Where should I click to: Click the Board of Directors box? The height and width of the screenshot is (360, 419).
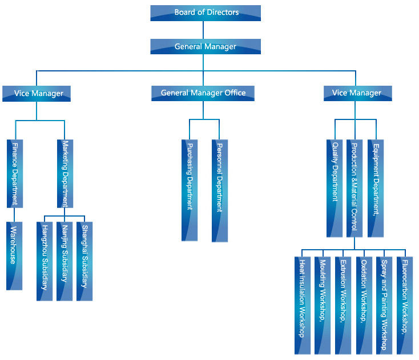click(206, 13)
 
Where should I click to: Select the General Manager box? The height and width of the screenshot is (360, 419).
click(206, 46)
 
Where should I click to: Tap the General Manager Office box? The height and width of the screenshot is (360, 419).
click(203, 93)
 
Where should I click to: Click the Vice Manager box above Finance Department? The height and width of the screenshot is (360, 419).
click(37, 93)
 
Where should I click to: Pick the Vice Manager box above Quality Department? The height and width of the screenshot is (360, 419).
click(356, 93)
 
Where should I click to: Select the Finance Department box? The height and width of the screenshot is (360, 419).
click(15, 173)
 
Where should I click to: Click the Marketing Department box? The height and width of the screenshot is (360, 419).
click(65, 173)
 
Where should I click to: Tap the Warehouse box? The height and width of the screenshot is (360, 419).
click(14, 255)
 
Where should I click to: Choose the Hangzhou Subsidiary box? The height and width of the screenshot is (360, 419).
click(45, 261)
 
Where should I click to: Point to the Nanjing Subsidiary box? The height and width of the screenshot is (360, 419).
click(65, 261)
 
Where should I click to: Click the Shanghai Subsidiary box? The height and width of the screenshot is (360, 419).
click(84, 261)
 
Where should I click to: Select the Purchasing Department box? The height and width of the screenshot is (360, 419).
click(190, 190)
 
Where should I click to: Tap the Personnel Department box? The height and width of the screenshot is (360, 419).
click(219, 190)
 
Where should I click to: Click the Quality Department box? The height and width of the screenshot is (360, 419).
click(335, 188)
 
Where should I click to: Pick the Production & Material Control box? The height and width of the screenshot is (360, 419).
click(354, 188)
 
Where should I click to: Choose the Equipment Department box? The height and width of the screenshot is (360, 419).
click(375, 188)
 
